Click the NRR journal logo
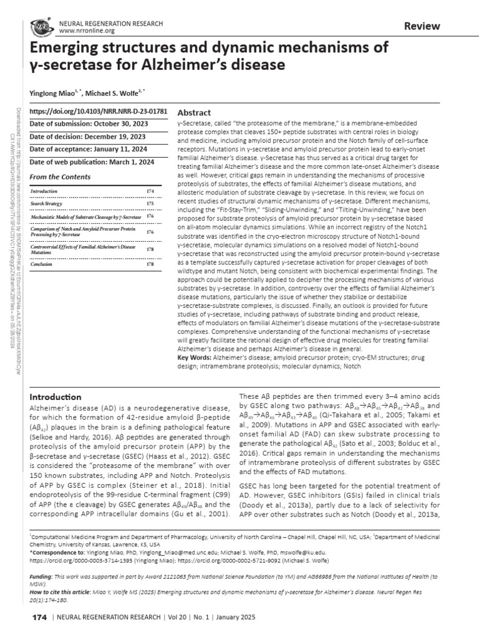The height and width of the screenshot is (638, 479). pos(41,27)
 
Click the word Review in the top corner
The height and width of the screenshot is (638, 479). pos(422,26)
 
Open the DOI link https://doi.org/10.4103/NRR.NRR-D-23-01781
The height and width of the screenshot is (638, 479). pos(99,112)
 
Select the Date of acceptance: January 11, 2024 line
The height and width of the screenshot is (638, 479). pos(87,149)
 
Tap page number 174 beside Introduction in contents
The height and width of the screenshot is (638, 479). pos(150,191)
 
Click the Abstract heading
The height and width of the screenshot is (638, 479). pos(195,113)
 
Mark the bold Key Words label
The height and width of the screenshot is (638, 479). pos(195,358)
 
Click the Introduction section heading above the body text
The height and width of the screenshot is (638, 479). pos(56,397)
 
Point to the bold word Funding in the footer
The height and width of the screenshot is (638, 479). pos(43,578)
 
